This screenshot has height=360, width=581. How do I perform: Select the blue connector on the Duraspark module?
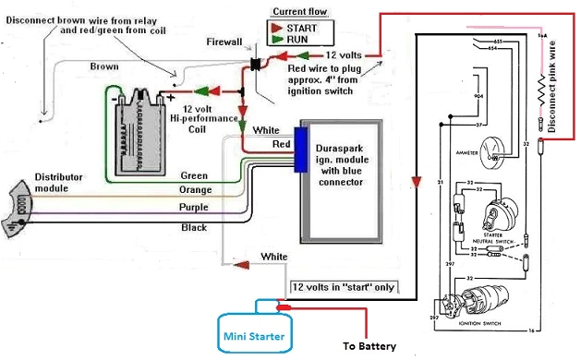(x=301, y=150)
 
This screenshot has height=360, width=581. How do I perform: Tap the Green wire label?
(x=193, y=174)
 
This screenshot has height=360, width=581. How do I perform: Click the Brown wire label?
(x=103, y=66)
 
